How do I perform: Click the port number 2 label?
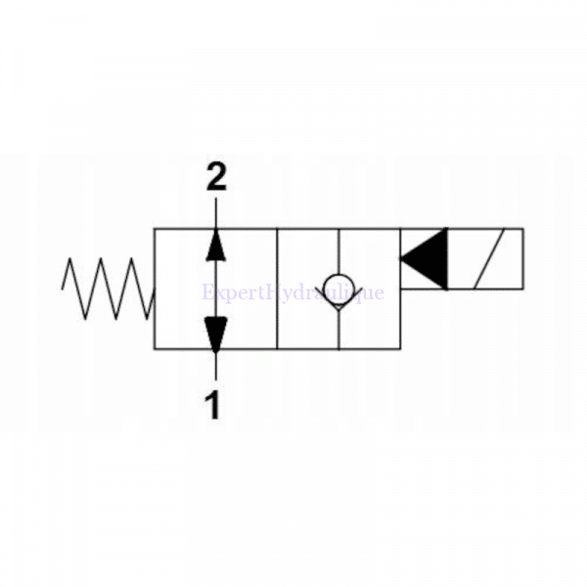tap(216, 177)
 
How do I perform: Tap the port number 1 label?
tap(212, 404)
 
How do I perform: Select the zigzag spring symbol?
tap(107, 289)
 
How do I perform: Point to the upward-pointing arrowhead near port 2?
tap(216, 244)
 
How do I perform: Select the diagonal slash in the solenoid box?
tap(486, 259)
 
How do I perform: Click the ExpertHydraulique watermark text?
tap(293, 292)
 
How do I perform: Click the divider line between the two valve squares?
tap(277, 289)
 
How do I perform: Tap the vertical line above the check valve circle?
tap(338, 250)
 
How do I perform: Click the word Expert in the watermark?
tap(229, 292)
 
